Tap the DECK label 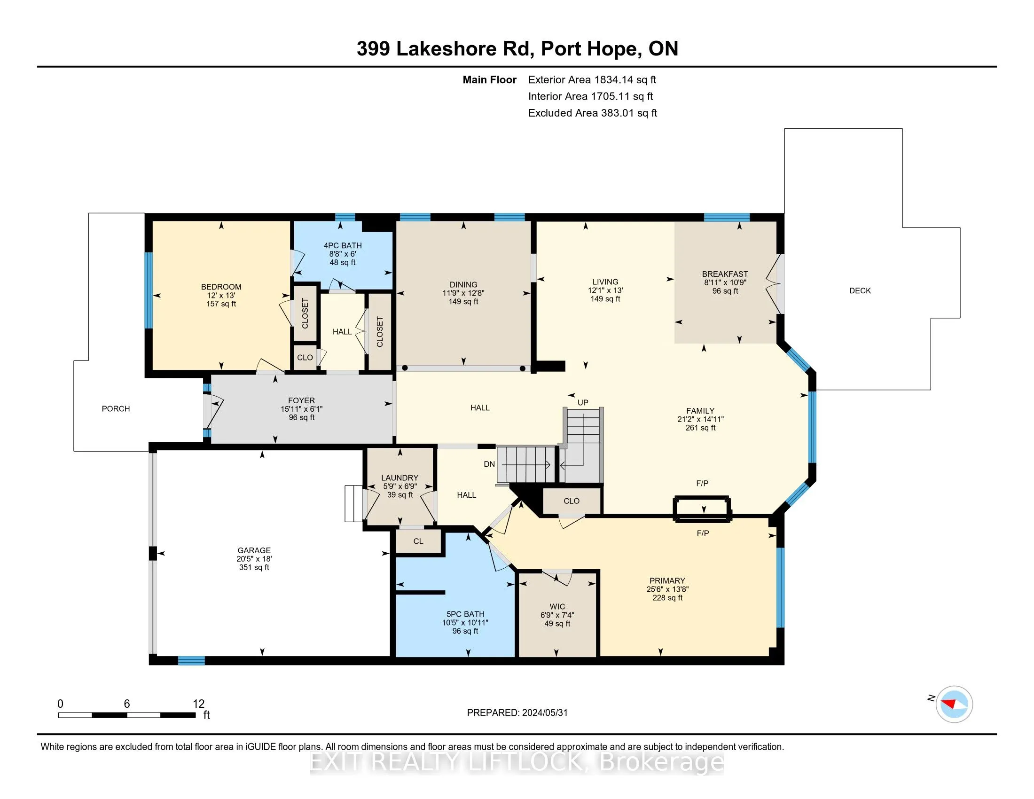pyautogui.click(x=860, y=290)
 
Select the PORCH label pyautogui.click(x=116, y=408)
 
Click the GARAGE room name pyautogui.click(x=254, y=550)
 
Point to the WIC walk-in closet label pyautogui.click(x=557, y=606)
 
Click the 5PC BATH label pyautogui.click(x=465, y=614)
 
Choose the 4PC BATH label pyautogui.click(x=342, y=245)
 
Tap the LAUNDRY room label pyautogui.click(x=399, y=478)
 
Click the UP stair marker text pyautogui.click(x=583, y=402)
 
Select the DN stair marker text pyautogui.click(x=489, y=464)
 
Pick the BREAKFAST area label pyautogui.click(x=725, y=274)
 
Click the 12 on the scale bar pyautogui.click(x=198, y=704)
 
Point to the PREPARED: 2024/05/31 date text pyautogui.click(x=517, y=713)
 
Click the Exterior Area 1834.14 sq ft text pyautogui.click(x=592, y=79)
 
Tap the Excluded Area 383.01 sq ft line pyautogui.click(x=592, y=113)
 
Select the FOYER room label pyautogui.click(x=301, y=400)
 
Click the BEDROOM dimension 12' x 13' pyautogui.click(x=220, y=295)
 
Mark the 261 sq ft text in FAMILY pyautogui.click(x=700, y=427)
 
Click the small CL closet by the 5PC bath pyautogui.click(x=418, y=541)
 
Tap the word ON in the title pyautogui.click(x=663, y=49)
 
